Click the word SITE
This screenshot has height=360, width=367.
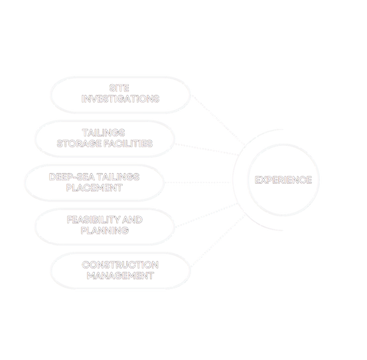tap(120, 88)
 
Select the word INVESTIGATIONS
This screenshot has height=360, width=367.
tap(120, 98)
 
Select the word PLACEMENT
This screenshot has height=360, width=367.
tap(94, 188)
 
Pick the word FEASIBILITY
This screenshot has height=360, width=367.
tap(88, 219)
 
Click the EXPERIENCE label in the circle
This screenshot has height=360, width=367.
tap(283, 180)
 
